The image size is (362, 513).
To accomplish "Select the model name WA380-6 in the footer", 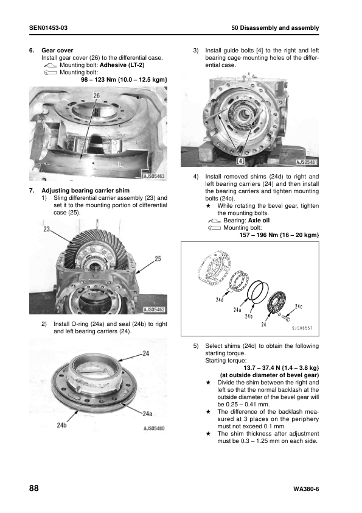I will click(305, 489).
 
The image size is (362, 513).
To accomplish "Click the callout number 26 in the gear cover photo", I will click(96, 96).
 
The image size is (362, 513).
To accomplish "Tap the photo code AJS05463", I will click(155, 176).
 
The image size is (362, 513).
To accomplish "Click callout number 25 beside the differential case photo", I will click(158, 259).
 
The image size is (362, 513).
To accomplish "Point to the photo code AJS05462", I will click(155, 310).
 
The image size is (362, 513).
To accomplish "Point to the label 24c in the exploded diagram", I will click(299, 306).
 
